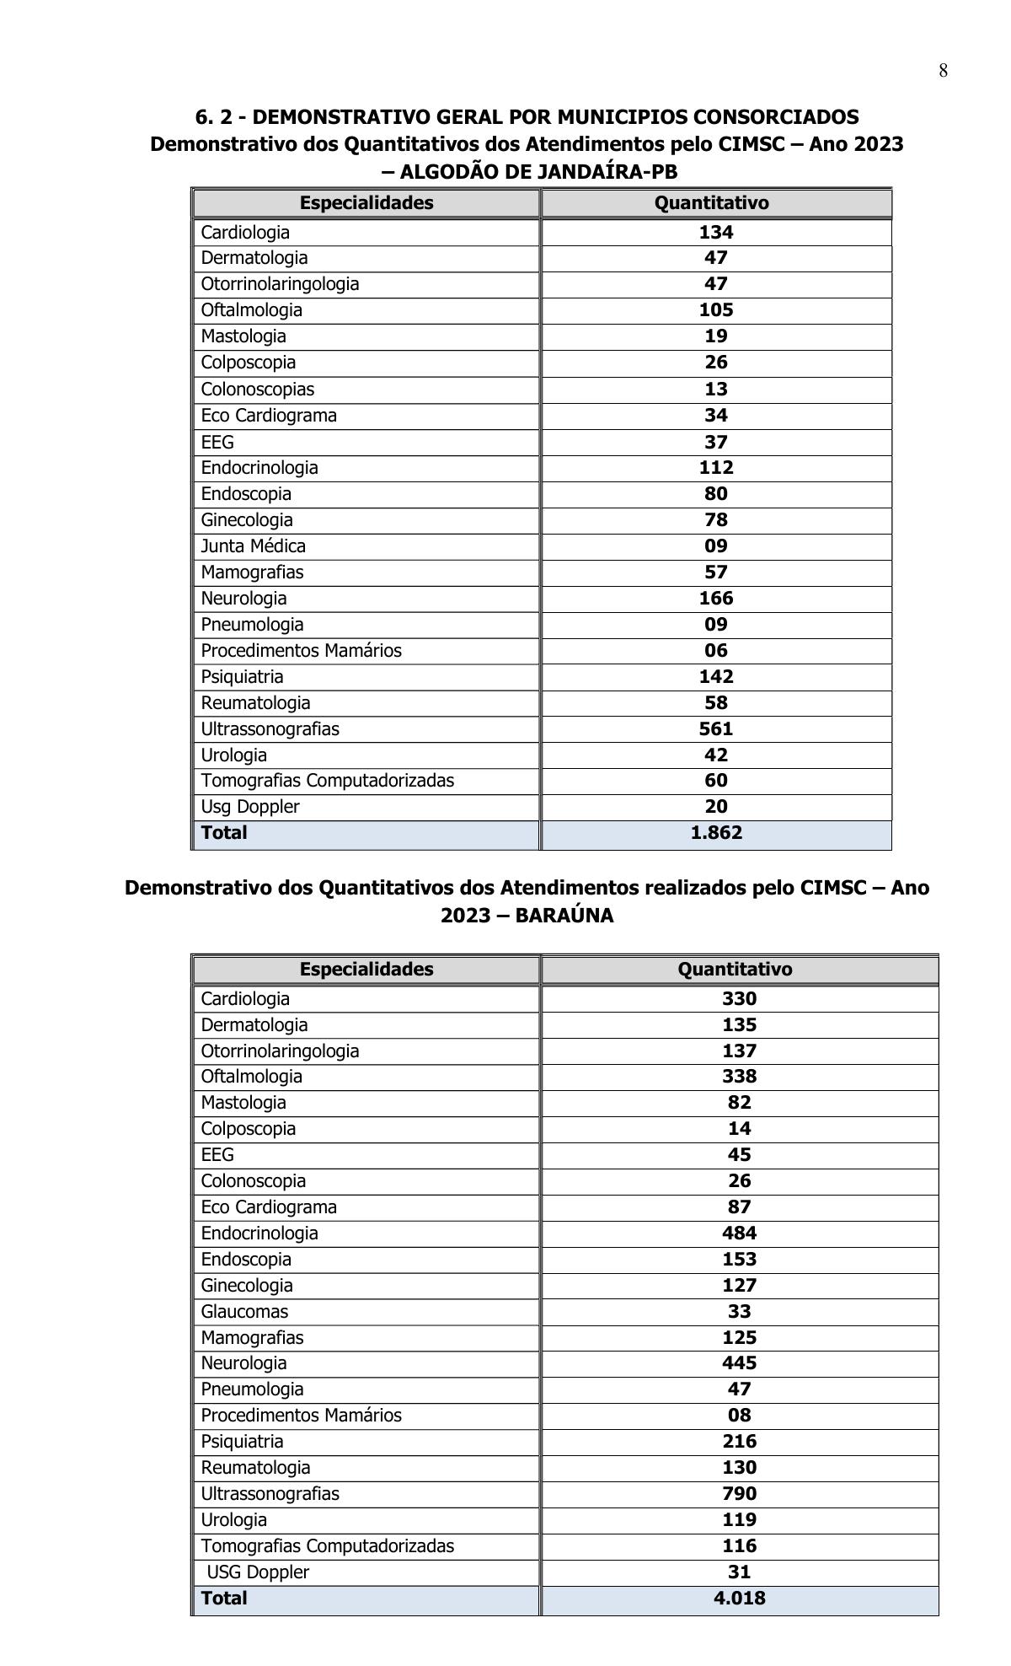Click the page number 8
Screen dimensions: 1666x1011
[943, 71]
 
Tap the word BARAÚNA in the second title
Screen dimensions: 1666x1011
[564, 916]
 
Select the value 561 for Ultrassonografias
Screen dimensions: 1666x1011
[715, 729]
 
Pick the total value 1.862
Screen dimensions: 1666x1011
[715, 833]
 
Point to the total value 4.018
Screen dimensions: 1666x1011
[739, 1599]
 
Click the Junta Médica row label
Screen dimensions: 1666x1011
[253, 546]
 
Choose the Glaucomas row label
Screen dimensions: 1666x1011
[244, 1312]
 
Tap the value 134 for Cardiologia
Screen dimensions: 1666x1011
[715, 233]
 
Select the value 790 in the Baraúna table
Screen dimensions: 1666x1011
[739, 1494]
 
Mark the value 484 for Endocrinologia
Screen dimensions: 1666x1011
[739, 1233]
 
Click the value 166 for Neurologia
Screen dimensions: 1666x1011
[715, 599]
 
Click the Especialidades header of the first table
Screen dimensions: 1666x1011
[366, 203]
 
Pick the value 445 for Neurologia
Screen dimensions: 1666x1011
[739, 1363]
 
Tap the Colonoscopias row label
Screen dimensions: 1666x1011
[257, 390]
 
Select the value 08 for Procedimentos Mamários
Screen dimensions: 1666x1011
[739, 1416]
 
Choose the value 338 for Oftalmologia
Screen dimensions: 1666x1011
[739, 1077]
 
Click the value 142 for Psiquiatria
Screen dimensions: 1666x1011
[715, 677]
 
